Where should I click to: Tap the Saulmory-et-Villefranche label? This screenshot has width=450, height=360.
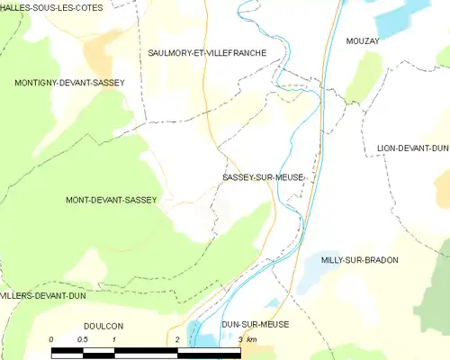[x=207, y=54]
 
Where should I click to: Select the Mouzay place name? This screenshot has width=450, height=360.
[x=363, y=41]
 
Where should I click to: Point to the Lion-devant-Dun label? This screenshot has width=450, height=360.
[x=411, y=148]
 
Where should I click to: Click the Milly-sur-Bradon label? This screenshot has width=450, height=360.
[x=359, y=260]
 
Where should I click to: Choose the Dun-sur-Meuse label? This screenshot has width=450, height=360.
[x=254, y=324]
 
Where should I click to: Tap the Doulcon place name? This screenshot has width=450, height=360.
[x=102, y=325]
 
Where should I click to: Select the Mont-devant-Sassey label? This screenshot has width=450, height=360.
[x=112, y=200]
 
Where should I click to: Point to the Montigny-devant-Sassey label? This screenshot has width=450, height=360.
[x=69, y=83]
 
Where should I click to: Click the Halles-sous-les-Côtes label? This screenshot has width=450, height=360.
[x=51, y=7]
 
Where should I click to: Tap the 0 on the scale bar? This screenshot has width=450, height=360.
[x=52, y=338]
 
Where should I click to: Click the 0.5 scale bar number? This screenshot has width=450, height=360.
[x=83, y=338]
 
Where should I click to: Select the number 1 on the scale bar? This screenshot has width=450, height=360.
[x=115, y=338]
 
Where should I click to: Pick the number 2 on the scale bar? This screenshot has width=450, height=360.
[x=178, y=338]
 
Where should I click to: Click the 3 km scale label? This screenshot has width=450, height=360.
[x=248, y=338]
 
